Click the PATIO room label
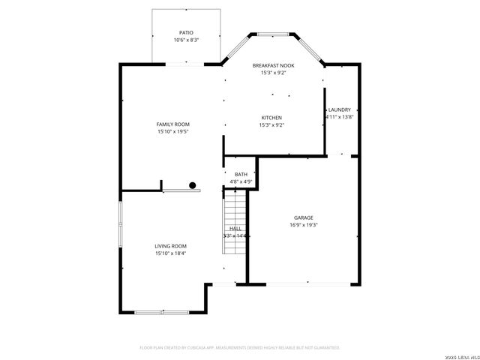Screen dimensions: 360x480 (x=186, y=33)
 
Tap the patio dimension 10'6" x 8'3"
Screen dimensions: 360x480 (x=186, y=40)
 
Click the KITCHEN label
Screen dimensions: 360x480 (x=271, y=118)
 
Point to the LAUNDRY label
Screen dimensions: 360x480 (x=339, y=110)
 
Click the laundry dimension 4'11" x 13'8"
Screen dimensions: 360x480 (x=339, y=117)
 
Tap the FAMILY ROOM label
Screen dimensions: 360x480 (x=172, y=124)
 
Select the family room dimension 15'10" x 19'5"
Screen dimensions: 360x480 (x=172, y=131)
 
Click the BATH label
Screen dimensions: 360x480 (x=241, y=175)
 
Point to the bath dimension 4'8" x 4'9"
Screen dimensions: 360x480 (x=241, y=181)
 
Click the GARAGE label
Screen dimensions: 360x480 (x=303, y=217)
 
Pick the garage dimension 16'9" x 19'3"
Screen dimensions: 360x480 (x=303, y=225)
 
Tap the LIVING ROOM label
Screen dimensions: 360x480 (x=171, y=246)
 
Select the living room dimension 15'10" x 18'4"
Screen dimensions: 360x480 (x=171, y=253)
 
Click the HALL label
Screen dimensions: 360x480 (x=235, y=228)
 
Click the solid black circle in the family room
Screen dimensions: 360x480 (x=193, y=185)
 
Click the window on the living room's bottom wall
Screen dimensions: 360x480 (x=161, y=312)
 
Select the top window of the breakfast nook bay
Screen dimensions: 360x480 (x=272, y=34)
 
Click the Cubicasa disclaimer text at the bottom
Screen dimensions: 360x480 (x=240, y=348)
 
